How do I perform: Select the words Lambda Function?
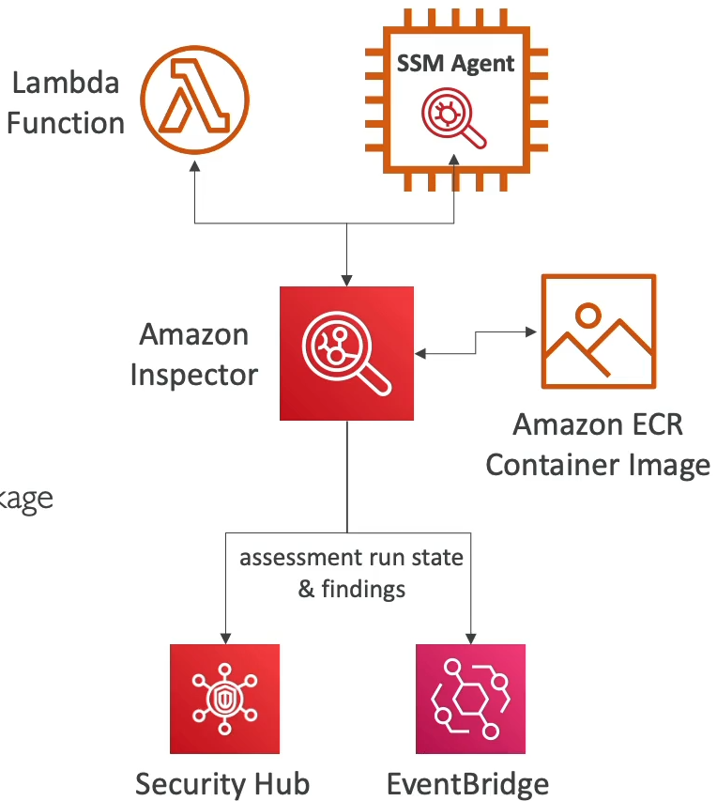[66, 102]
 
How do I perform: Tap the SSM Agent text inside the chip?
[456, 64]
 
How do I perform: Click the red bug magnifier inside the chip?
[454, 118]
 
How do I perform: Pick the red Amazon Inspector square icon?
[347, 353]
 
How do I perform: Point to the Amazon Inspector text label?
[193, 354]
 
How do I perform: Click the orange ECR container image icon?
[598, 331]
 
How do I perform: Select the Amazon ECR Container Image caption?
[598, 444]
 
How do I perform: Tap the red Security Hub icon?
[225, 699]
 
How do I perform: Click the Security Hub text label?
[222, 783]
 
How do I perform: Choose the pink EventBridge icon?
[470, 699]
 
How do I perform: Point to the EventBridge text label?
[468, 783]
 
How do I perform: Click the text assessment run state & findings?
[351, 573]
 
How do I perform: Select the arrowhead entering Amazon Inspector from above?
[347, 279]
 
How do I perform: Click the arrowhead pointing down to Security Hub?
[225, 637]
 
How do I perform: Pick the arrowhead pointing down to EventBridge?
[470, 637]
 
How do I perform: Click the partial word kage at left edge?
[25, 499]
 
